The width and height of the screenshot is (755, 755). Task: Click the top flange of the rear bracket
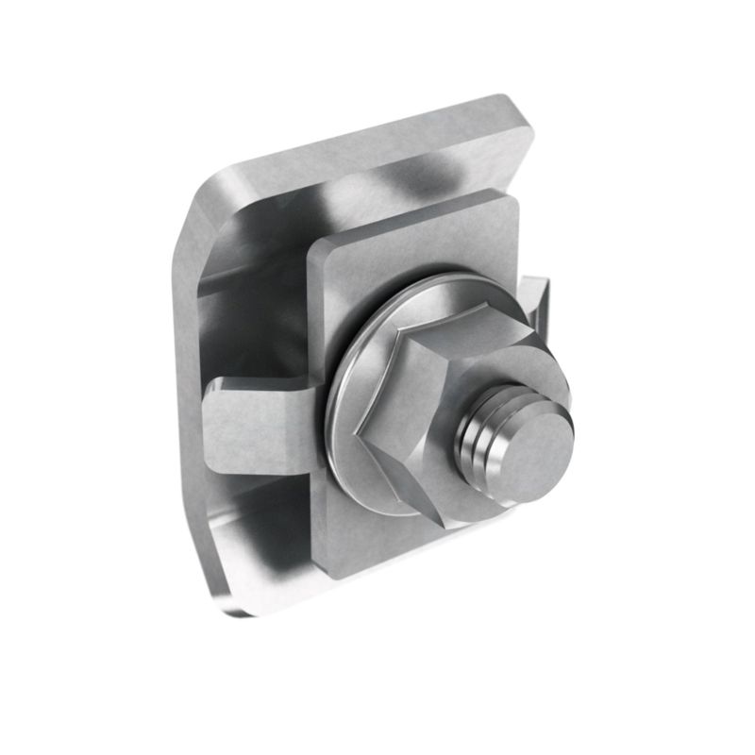coord(377,160)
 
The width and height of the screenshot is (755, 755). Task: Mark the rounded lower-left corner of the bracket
coord(222,595)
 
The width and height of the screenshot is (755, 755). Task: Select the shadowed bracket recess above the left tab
coord(250,321)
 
